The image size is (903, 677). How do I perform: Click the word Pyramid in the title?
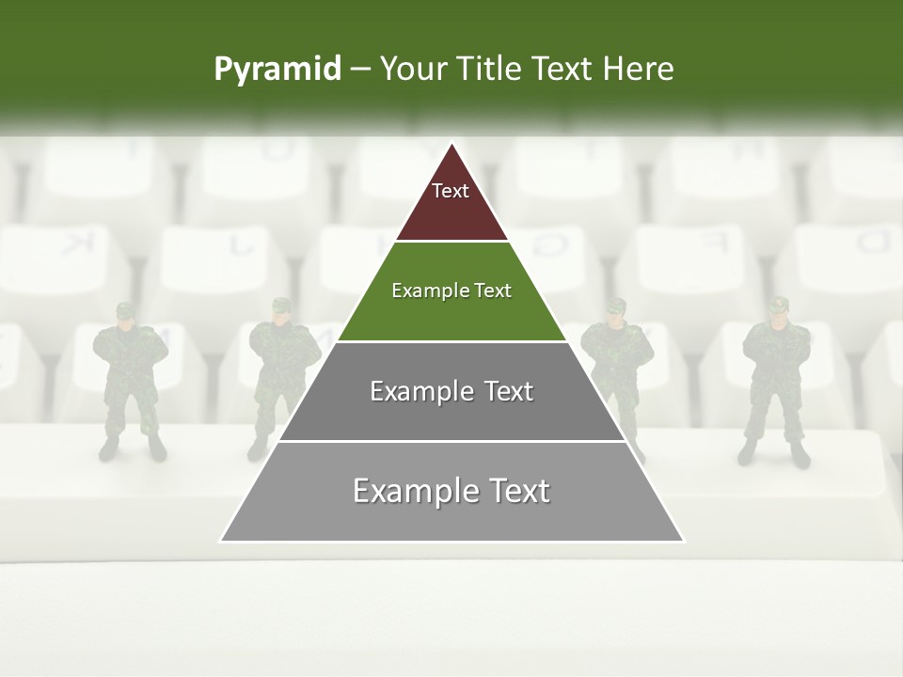[277, 70]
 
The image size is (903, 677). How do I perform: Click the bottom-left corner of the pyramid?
[221, 541]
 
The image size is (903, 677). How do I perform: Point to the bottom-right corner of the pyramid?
[684, 541]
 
